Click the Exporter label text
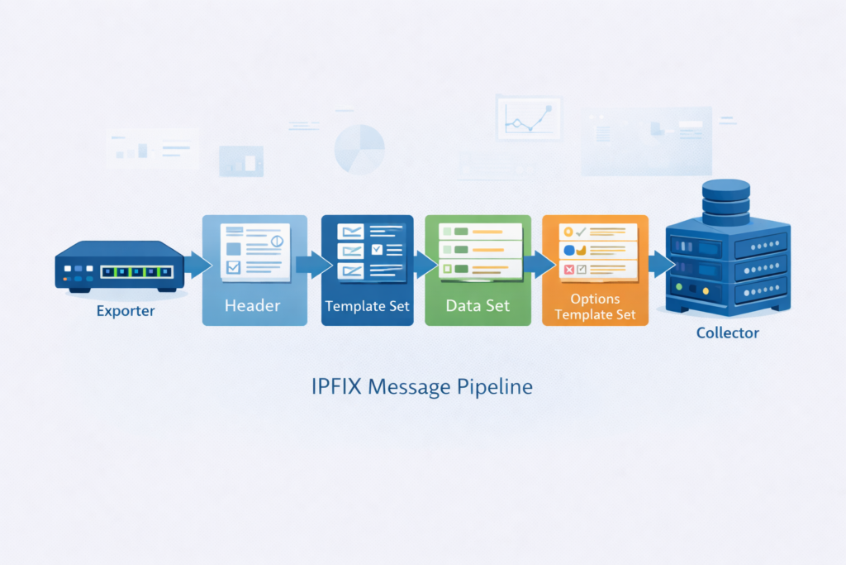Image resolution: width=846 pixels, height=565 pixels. (125, 312)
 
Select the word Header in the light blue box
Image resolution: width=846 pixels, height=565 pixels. (253, 305)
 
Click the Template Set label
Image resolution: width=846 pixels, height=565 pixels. (367, 306)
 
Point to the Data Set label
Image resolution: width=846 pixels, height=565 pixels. (478, 305)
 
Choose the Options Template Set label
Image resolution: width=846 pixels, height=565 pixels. (595, 306)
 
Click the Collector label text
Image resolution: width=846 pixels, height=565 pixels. (727, 333)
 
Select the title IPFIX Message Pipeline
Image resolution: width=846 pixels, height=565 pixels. (422, 386)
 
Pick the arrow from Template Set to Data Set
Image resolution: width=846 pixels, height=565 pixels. (424, 265)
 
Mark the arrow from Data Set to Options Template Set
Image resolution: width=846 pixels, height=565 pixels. (539, 265)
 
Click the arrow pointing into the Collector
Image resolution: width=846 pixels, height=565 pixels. (660, 265)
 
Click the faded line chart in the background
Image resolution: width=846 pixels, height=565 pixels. (528, 117)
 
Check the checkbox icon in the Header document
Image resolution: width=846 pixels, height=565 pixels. (233, 266)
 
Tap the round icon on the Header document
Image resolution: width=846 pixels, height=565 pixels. (277, 239)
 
